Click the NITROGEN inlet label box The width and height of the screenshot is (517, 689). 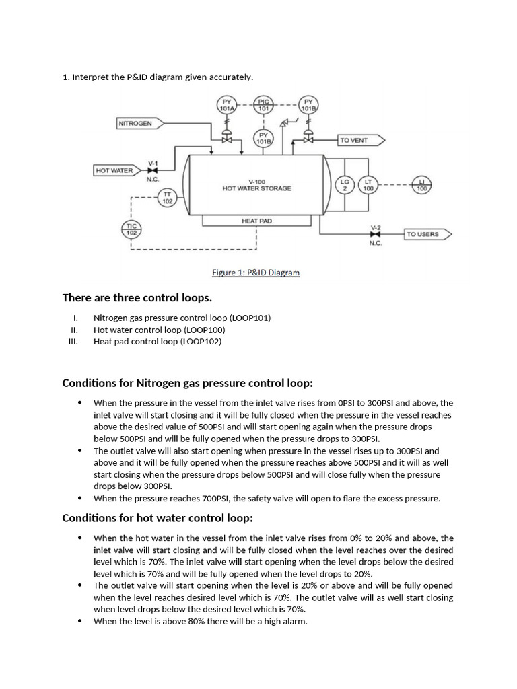[135, 123]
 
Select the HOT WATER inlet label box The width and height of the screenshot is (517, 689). [114, 170]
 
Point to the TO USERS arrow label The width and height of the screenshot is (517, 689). [426, 234]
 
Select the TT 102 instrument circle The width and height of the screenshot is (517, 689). [166, 197]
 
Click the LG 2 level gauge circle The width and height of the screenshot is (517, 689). [345, 184]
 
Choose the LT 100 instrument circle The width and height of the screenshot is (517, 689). [368, 184]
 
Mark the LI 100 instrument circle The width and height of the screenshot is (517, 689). [422, 184]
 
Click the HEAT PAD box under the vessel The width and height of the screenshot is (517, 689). [256, 221]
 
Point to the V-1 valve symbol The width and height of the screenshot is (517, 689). [153, 171]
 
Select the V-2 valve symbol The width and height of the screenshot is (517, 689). [375, 233]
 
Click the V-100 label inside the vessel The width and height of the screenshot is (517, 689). [256, 181]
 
